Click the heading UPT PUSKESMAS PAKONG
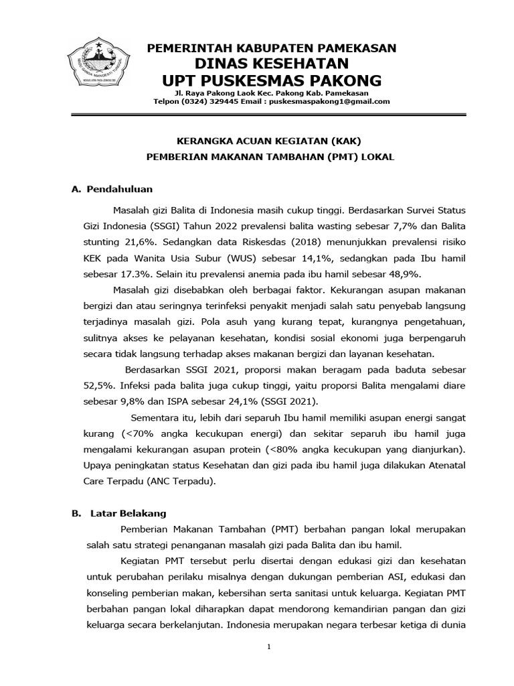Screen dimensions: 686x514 coord(272,80)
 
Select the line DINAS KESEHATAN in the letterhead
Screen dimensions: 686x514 coord(272,64)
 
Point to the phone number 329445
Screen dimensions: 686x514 coord(225,101)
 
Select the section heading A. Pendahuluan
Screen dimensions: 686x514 coord(112,190)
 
